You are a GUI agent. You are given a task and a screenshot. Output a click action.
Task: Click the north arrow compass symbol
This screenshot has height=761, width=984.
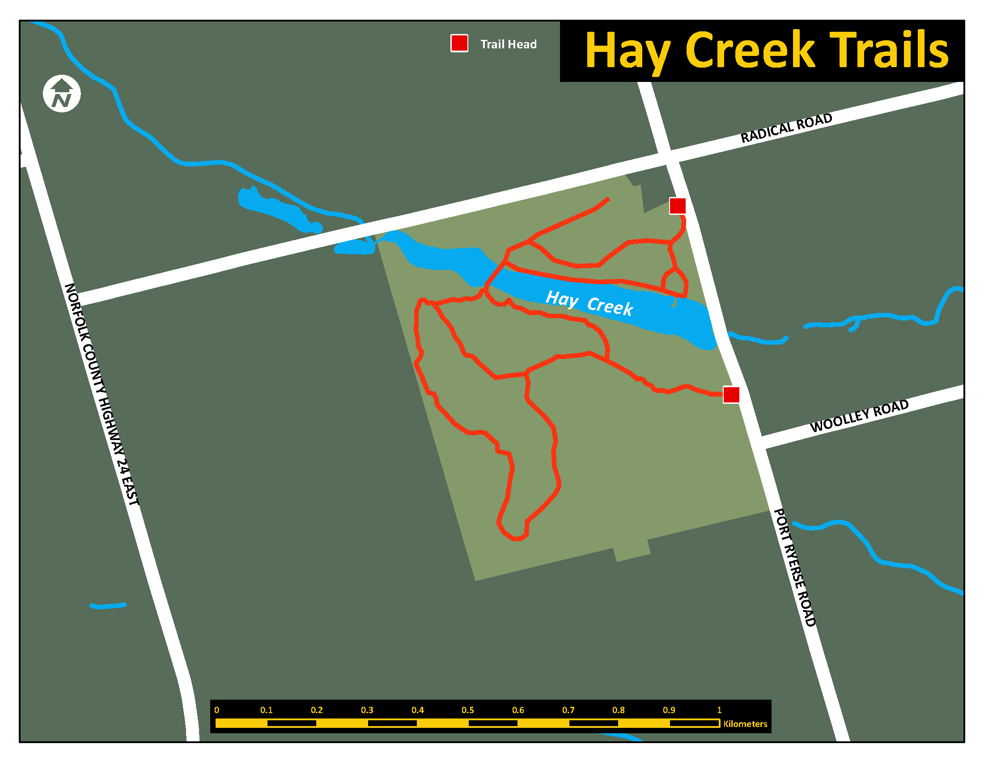pos(62,94)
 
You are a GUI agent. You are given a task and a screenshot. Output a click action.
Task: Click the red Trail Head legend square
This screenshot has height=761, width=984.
pos(459,43)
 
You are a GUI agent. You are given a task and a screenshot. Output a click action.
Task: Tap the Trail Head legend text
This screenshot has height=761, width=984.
pos(508,44)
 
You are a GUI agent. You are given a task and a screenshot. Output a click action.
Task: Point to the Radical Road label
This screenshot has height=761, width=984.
pos(786,128)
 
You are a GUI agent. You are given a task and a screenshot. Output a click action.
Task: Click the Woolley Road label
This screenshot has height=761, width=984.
pos(859,416)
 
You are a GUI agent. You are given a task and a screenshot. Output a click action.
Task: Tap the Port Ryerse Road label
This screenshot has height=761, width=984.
pos(795,567)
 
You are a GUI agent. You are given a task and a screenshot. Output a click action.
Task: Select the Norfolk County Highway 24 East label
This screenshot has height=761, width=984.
pos(102,394)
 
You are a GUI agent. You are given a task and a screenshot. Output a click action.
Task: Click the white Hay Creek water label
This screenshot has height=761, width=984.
pos(589,303)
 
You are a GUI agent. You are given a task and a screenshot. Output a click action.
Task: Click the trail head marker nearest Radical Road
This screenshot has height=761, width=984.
pos(677,205)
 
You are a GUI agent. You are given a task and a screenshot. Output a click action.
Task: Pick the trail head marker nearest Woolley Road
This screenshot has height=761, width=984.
pos(731,394)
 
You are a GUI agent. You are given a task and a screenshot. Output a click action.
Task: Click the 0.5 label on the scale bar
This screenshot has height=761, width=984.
pos(468,710)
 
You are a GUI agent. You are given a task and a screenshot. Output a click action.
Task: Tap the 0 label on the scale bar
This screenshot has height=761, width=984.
pos(217,710)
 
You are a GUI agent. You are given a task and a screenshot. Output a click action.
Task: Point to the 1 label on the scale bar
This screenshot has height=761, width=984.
pos(719,710)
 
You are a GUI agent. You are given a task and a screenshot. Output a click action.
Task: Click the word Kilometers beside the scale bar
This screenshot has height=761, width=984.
pos(745,724)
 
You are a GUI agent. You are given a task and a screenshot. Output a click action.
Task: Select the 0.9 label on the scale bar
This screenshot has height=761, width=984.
pos(669,710)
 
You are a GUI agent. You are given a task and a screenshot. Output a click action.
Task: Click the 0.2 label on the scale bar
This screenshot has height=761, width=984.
pos(317,710)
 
